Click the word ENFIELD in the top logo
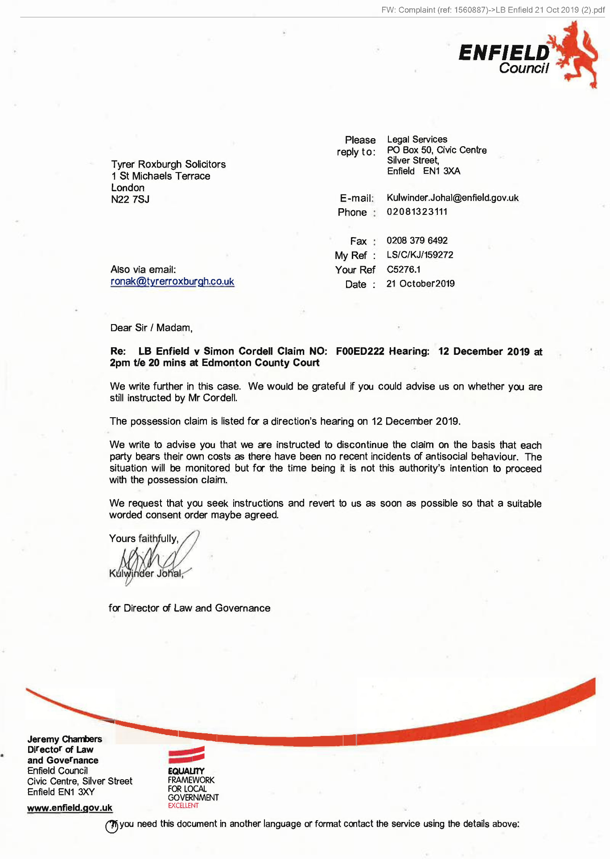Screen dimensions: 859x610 pyautogui.click(x=504, y=53)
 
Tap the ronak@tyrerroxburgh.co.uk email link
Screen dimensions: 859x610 pyautogui.click(x=172, y=282)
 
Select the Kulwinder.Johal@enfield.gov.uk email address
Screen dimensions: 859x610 pyautogui.click(x=452, y=198)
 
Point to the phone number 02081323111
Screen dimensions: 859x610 pyautogui.click(x=416, y=212)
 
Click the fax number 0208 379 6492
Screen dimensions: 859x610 pyautogui.click(x=416, y=241)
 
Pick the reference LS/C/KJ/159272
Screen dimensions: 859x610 pyautogui.click(x=420, y=255)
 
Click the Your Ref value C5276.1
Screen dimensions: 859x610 pyautogui.click(x=403, y=270)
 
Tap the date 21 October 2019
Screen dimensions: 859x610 pyautogui.click(x=420, y=284)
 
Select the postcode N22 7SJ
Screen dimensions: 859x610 pyautogui.click(x=130, y=200)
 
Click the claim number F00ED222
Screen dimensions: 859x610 pyautogui.click(x=360, y=351)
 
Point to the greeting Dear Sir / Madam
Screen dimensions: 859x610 pyautogui.click(x=151, y=328)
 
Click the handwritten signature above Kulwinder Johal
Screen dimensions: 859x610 pyautogui.click(x=156, y=557)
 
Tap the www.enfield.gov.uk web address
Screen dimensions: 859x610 pyautogui.click(x=70, y=808)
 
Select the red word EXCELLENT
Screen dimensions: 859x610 pyautogui.click(x=183, y=806)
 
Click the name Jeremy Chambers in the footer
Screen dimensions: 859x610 pyautogui.click(x=65, y=739)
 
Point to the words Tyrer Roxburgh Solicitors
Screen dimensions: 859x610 pyautogui.click(x=168, y=164)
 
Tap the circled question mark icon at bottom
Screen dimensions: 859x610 pyautogui.click(x=111, y=826)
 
